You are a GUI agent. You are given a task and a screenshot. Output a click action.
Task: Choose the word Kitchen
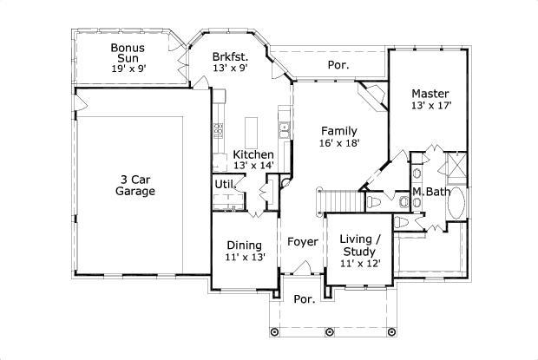[x=253, y=154]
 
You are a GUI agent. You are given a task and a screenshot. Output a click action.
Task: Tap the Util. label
[x=225, y=184]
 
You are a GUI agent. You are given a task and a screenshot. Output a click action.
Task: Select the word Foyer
[x=302, y=241]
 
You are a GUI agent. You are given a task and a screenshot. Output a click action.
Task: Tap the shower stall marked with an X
[x=455, y=163]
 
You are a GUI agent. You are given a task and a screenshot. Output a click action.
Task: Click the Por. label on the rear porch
[x=338, y=65]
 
